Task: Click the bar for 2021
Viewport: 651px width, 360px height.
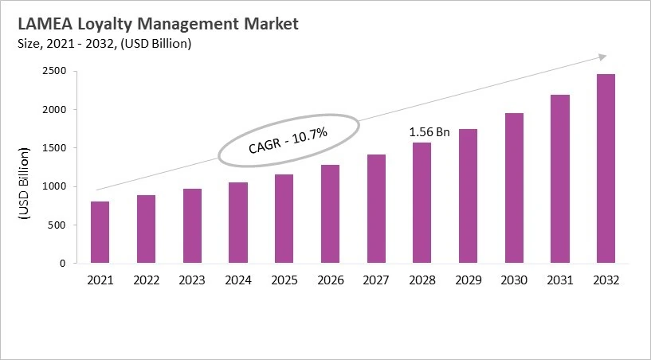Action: pos(100,232)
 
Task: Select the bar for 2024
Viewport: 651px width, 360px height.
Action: pos(237,222)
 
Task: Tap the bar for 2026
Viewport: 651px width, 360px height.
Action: pos(329,213)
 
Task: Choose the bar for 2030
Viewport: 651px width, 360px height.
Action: pos(513,188)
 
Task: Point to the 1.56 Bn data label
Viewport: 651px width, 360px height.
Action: pos(429,132)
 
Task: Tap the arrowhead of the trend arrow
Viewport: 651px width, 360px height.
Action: pos(602,57)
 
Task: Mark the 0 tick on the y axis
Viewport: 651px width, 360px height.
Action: pos(63,263)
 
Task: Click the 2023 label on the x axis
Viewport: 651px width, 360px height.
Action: pos(192,280)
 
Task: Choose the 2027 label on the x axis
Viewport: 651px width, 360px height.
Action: pos(375,280)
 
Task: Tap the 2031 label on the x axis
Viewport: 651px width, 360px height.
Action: pos(559,280)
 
